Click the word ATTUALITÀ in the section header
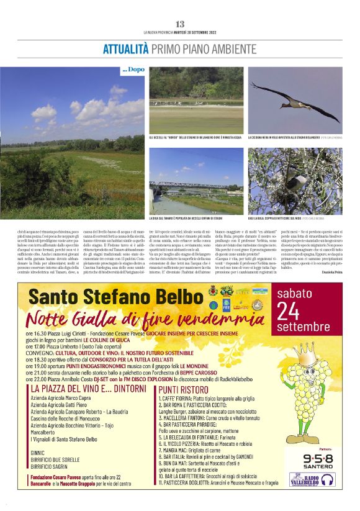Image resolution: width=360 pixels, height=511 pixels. [126, 48]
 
